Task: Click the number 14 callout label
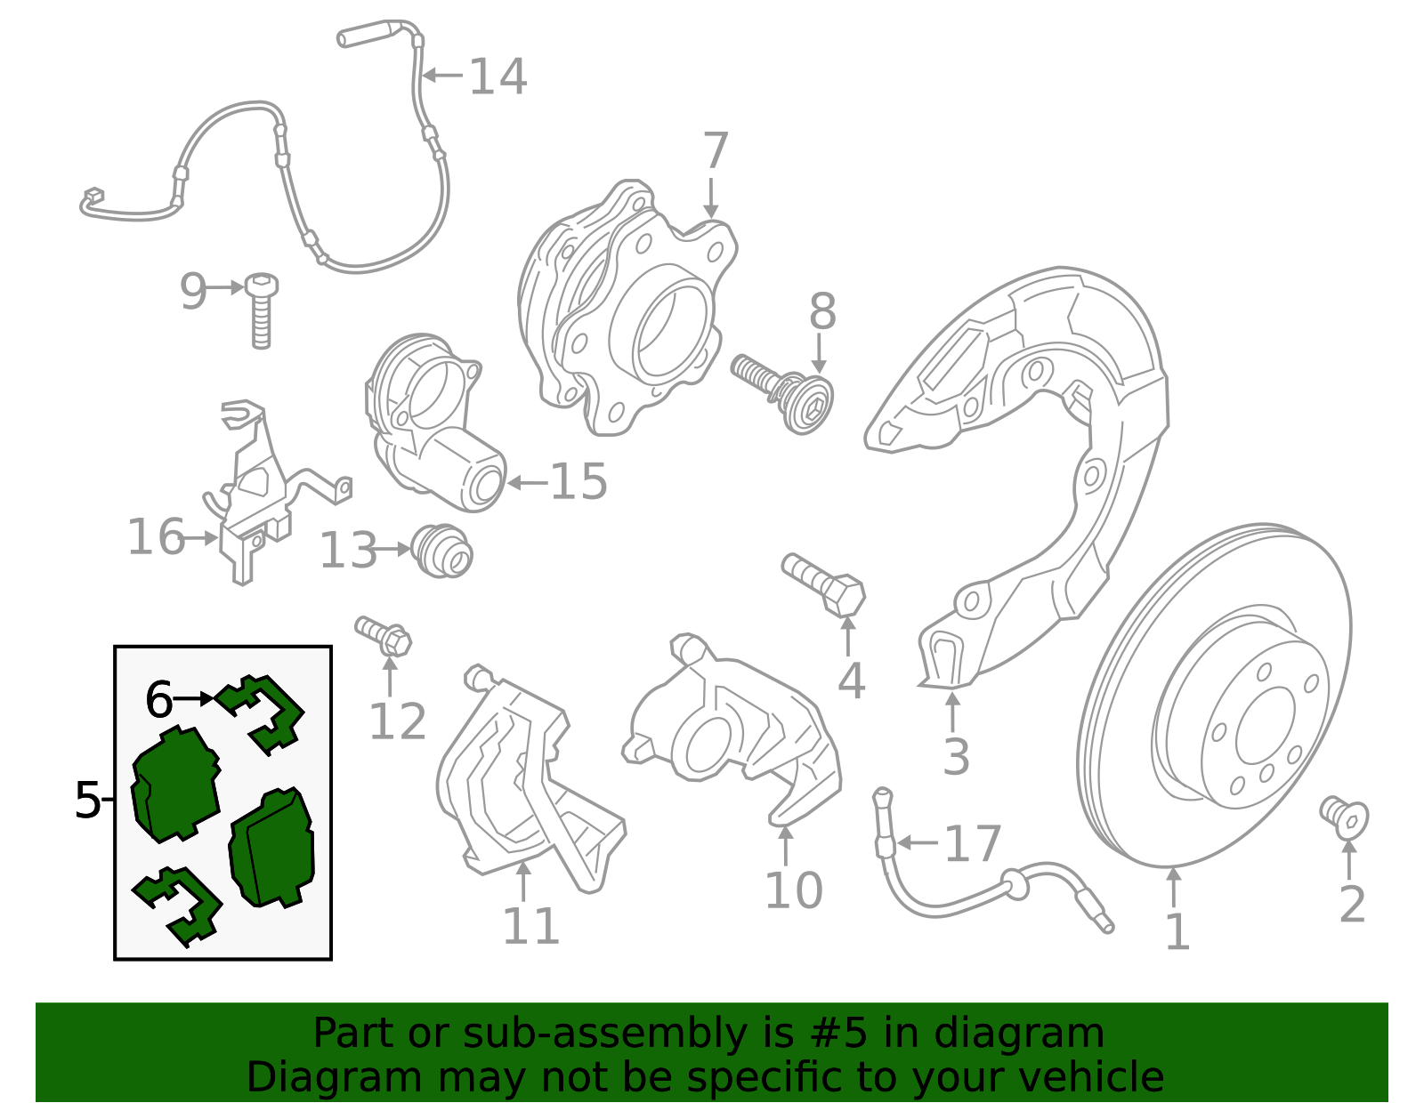click(498, 76)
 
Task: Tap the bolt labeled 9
click(261, 310)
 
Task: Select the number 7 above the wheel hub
click(715, 150)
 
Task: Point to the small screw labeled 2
click(1344, 817)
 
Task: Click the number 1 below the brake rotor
click(1177, 931)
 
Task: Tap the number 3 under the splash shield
click(956, 757)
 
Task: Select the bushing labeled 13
click(441, 551)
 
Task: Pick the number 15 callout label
click(578, 481)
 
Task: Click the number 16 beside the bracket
click(156, 537)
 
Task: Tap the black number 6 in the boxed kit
click(158, 699)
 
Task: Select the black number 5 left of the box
click(88, 800)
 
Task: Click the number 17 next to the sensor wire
click(973, 844)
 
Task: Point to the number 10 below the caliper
click(794, 890)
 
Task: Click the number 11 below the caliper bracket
click(530, 926)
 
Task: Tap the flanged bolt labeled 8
click(783, 393)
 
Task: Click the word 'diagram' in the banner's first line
click(1019, 1033)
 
